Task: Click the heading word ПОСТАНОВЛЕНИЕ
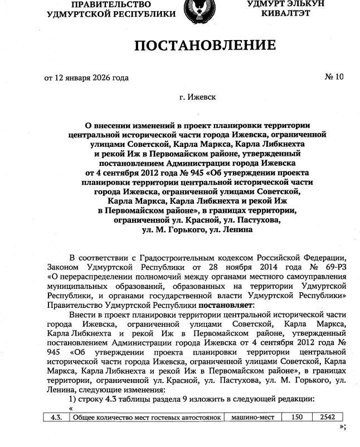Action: [x=205, y=46]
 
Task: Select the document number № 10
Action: [x=334, y=77]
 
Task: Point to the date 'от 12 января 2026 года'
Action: [x=86, y=77]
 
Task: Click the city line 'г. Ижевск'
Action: [x=198, y=97]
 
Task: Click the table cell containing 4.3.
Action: [x=55, y=416]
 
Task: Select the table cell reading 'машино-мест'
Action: [x=251, y=416]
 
